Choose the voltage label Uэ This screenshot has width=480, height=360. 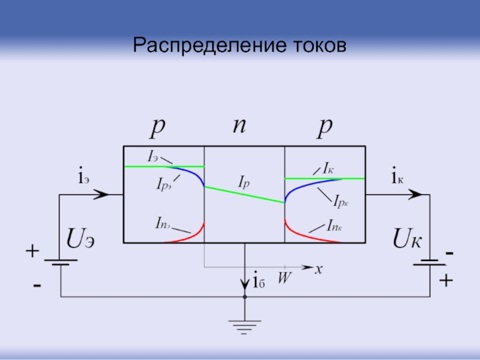[x=80, y=241]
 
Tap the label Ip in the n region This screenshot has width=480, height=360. [x=244, y=179]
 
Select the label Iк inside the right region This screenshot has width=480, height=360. [x=329, y=167]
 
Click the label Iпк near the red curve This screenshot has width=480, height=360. [x=334, y=225]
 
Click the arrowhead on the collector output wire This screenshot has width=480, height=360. [x=415, y=194]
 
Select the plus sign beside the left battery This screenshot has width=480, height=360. [x=31, y=252]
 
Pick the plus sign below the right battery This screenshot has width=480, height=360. [x=445, y=280]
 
